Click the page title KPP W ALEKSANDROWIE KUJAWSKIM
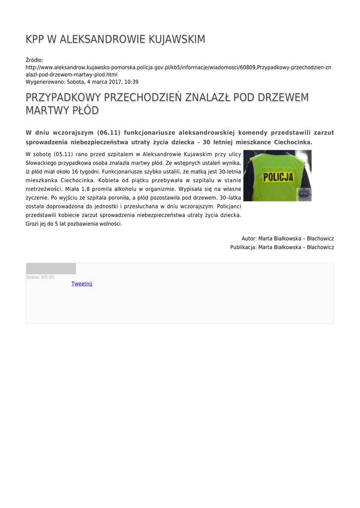tap(115, 39)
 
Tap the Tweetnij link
tap(81, 284)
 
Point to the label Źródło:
tap(34, 60)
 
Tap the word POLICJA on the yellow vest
tap(278, 177)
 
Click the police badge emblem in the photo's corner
tap(303, 194)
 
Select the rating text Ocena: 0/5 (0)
tap(40, 277)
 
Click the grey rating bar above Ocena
tap(51, 268)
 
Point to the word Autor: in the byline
tap(249, 239)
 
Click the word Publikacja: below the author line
tap(243, 247)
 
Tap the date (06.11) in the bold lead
tap(109, 133)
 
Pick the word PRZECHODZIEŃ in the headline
tap(143, 97)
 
